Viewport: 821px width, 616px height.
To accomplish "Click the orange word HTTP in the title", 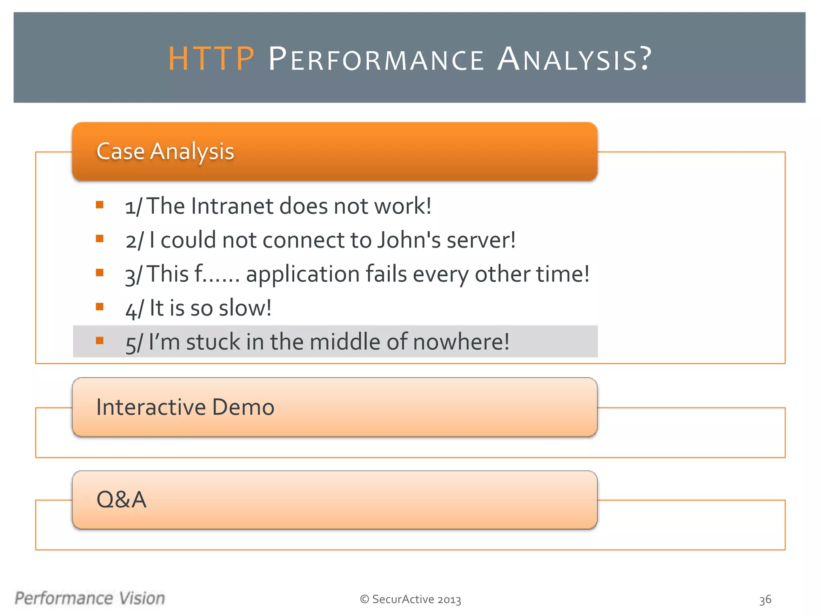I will point(211,59).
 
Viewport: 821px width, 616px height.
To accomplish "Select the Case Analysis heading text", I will point(165,152).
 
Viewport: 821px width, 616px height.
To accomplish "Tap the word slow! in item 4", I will point(245,308).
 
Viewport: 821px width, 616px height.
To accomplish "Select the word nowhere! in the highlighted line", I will point(461,342).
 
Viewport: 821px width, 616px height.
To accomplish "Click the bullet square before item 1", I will point(100,205).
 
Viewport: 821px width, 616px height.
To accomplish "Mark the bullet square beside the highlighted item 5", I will point(100,341).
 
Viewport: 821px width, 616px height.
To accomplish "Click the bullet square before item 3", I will point(100,273).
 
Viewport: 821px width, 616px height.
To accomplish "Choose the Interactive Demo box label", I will point(185,407).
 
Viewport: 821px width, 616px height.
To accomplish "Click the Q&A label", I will point(121,500).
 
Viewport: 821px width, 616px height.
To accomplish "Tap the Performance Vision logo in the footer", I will point(90,598).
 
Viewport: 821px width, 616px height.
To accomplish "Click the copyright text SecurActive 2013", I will point(410,599).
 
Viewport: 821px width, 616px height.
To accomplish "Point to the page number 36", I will point(765,600).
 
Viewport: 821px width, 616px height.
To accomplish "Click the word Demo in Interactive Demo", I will point(243,407).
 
